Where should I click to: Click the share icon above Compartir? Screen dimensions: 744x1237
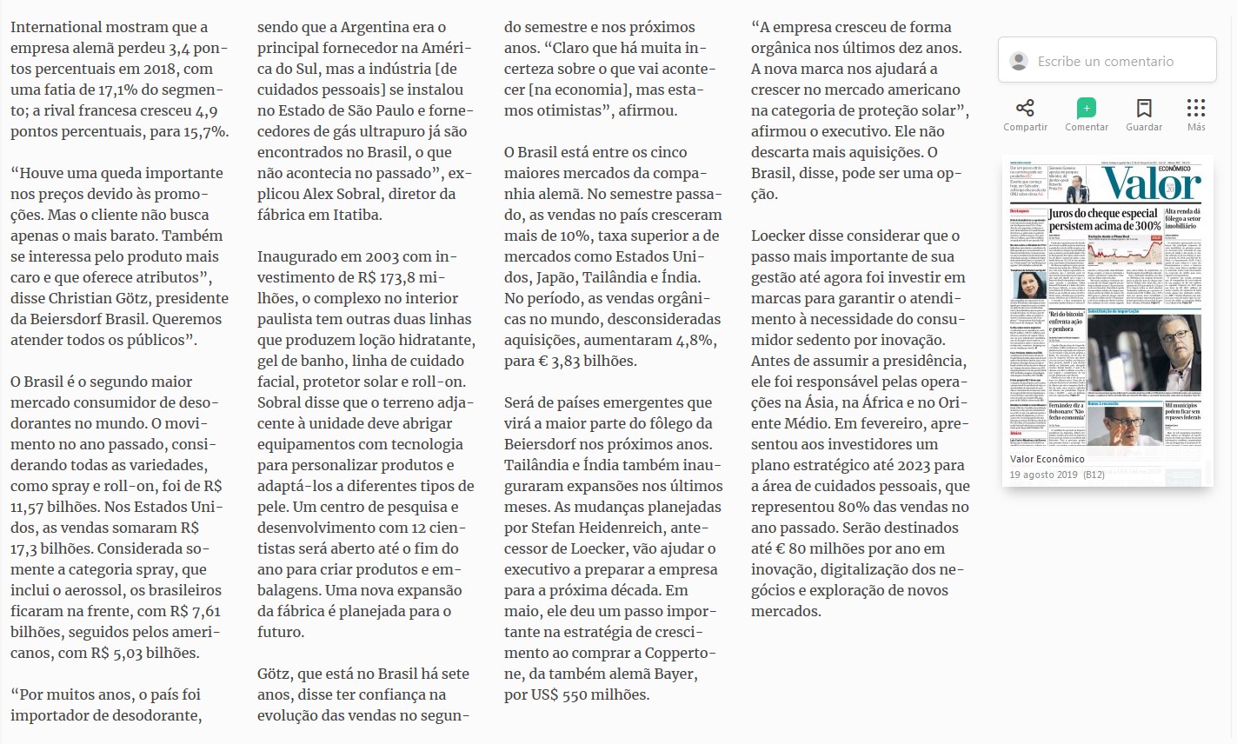pos(1025,108)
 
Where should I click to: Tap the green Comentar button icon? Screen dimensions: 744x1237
pos(1086,108)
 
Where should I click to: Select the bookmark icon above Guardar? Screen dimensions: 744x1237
pos(1144,108)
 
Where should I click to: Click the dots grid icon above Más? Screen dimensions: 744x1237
pos(1196,108)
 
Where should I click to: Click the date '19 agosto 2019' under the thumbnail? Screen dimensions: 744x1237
pos(1043,475)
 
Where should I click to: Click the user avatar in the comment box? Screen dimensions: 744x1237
pos(1018,61)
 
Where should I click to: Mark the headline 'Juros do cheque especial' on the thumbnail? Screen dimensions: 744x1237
pos(1102,213)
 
